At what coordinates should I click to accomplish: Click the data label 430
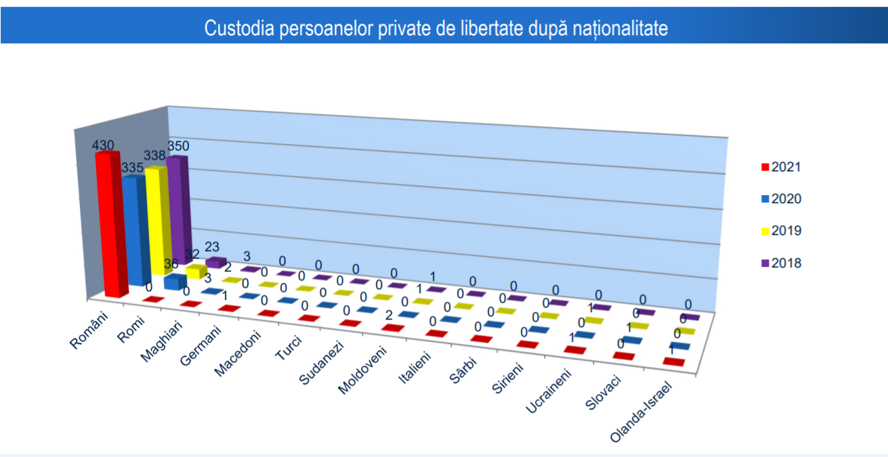104,145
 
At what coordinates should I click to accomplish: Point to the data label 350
178,146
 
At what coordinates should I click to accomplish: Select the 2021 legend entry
781,167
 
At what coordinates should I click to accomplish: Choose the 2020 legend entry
781,199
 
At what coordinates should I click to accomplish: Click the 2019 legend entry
781,231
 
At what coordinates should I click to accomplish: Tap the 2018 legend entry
781,263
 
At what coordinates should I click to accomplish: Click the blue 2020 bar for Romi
175,282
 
